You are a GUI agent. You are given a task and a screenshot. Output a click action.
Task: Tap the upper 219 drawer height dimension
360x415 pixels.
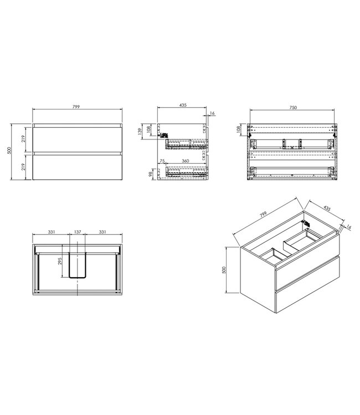[x=23, y=138]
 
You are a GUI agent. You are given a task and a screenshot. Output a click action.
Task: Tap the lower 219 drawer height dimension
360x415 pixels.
[x=23, y=165]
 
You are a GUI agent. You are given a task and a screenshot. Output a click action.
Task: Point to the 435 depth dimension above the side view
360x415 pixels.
[x=183, y=106]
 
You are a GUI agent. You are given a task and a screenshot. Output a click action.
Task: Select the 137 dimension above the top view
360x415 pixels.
[x=77, y=233]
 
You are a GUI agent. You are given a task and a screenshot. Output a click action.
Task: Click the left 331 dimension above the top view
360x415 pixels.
[x=51, y=233]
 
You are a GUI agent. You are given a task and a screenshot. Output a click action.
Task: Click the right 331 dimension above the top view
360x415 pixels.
[x=103, y=233]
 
